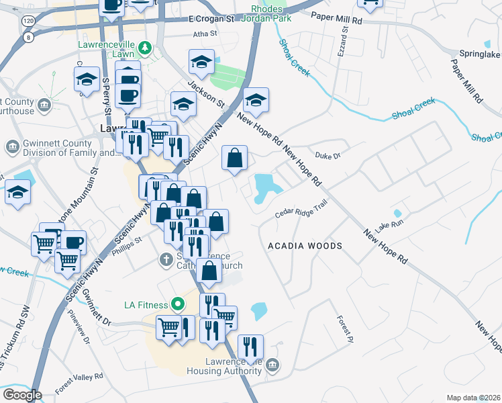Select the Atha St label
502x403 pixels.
205,33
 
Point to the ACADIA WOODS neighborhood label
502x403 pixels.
305,246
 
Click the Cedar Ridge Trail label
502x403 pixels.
301,210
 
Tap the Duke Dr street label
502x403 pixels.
328,155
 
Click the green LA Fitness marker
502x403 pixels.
177,305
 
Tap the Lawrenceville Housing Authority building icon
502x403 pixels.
272,365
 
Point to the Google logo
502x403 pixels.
22,395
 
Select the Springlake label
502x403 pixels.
479,53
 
